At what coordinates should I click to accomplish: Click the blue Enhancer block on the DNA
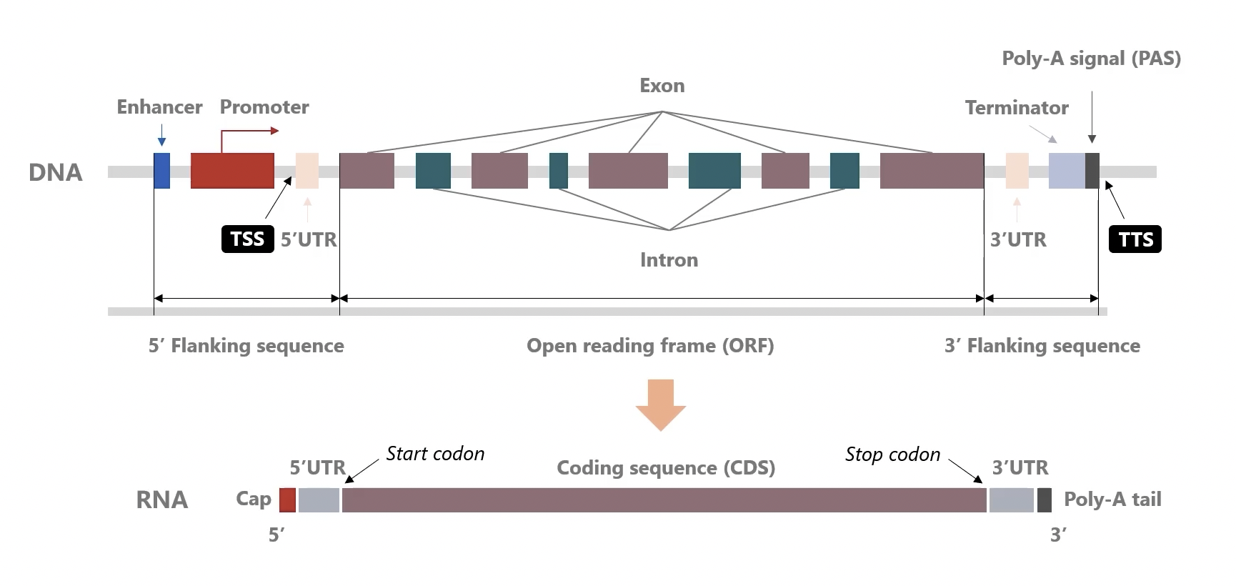click(162, 171)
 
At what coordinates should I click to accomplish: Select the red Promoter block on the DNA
click(232, 171)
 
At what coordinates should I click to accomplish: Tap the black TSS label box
click(247, 239)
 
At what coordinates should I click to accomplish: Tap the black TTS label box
click(1135, 239)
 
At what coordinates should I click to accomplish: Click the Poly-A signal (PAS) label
click(1091, 59)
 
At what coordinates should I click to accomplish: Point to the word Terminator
click(1017, 108)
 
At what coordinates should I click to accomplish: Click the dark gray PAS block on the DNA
click(1092, 171)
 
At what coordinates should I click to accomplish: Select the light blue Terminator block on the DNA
click(1067, 171)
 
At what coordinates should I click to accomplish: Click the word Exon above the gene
click(662, 86)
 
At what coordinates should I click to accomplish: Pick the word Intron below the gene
click(669, 260)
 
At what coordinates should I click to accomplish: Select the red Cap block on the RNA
click(287, 500)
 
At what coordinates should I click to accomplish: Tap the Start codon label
click(435, 454)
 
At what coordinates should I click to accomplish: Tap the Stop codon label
click(892, 455)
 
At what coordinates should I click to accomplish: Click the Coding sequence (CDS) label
click(666, 468)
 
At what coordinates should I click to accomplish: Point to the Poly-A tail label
click(1112, 500)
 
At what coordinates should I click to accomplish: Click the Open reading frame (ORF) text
click(650, 346)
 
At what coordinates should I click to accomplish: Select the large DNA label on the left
click(56, 173)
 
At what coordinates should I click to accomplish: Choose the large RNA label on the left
click(162, 500)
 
